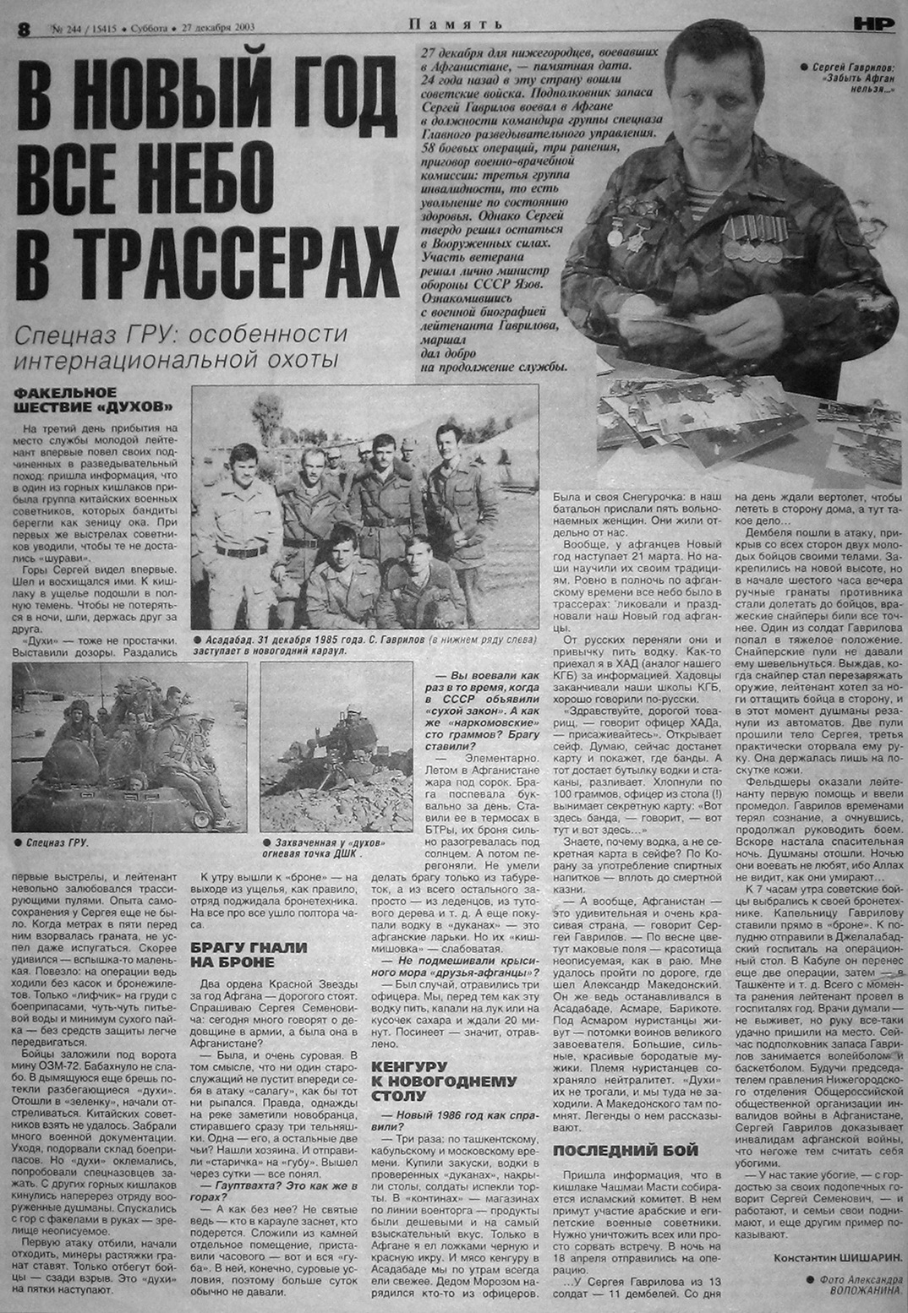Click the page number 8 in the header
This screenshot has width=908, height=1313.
23,27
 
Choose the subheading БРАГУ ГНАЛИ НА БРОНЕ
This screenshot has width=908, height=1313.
248,955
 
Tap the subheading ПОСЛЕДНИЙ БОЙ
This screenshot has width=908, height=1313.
625,1150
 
